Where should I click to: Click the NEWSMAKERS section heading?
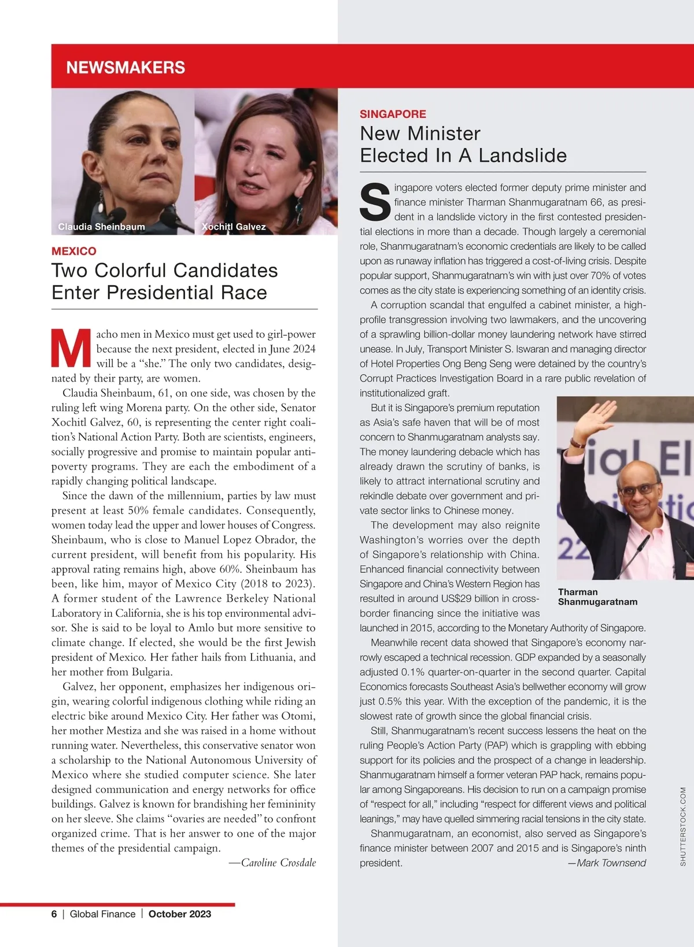[125, 68]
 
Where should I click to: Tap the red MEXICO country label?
[74, 251]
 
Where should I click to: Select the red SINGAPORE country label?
[393, 114]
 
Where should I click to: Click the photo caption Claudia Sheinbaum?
[102, 227]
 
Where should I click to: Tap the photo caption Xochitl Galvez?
[234, 227]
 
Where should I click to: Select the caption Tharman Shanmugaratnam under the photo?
[597, 597]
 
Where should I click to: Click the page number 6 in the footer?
[54, 914]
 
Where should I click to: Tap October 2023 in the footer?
[180, 914]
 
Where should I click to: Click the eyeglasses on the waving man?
[637, 490]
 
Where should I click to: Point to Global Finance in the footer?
[102, 914]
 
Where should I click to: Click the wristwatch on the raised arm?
[576, 443]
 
